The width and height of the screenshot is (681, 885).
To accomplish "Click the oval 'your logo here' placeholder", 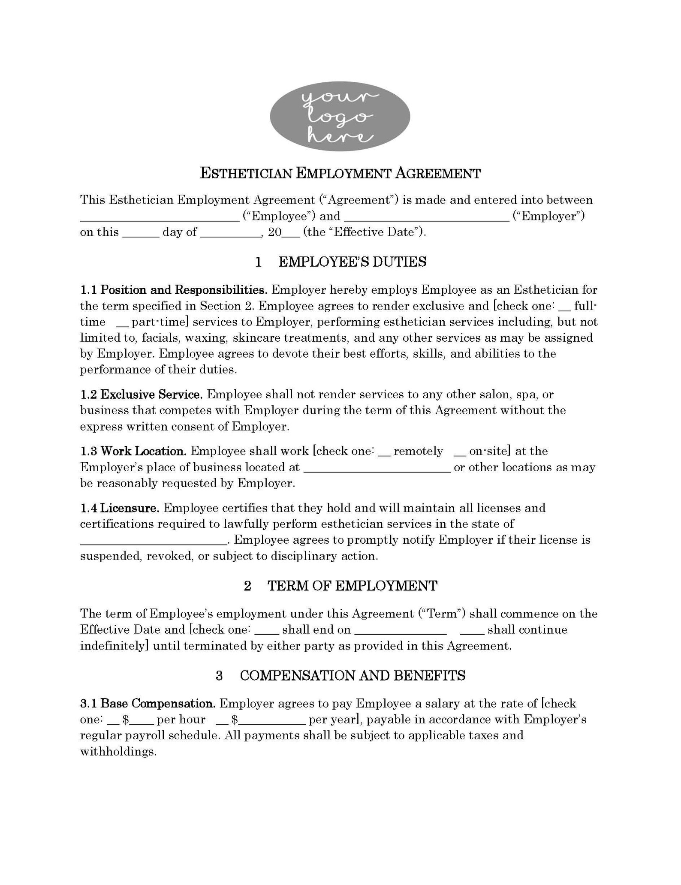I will [340, 116].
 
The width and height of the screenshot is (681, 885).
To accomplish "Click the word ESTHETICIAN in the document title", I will [247, 174].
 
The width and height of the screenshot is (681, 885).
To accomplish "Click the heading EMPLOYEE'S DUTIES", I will [352, 262].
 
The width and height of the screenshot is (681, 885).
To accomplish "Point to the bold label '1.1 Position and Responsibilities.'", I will [173, 290].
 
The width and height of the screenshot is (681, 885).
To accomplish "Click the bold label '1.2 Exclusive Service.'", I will [141, 394].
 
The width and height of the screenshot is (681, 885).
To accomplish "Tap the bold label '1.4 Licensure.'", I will [120, 508].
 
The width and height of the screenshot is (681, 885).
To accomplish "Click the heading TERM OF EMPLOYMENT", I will [352, 586].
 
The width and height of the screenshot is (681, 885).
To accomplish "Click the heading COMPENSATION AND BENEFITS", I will [352, 676].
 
